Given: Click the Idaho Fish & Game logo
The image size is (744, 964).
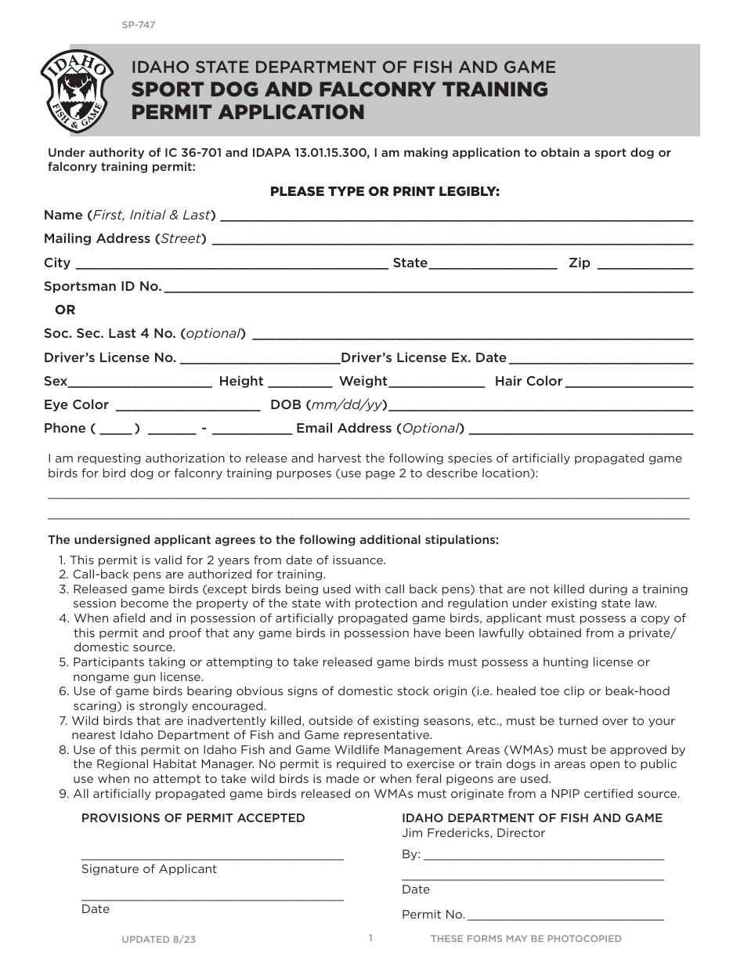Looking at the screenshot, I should point(75,92).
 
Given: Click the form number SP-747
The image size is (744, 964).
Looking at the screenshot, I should point(138,25).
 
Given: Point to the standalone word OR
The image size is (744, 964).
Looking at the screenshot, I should point(65,310).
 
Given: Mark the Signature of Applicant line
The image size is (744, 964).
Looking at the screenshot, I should point(212,858).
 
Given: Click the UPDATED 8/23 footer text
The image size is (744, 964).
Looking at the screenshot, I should point(159,939).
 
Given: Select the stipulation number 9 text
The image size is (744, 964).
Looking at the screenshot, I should point(376,794).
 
